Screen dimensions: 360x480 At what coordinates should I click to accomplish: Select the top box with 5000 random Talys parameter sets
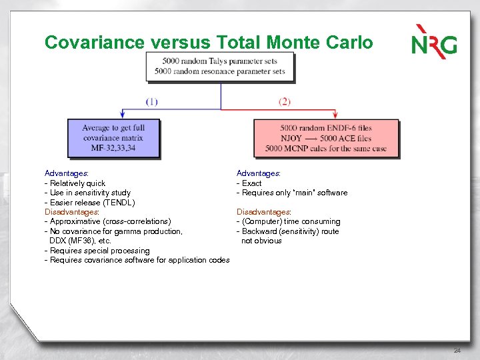click(x=220, y=67)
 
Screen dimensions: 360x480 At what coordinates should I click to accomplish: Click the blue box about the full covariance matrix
click(x=113, y=138)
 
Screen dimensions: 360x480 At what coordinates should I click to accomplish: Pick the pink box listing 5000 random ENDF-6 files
click(x=325, y=138)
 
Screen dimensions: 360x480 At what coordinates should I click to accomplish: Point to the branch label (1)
click(x=152, y=102)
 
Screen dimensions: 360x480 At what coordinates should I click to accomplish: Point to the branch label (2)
click(x=285, y=102)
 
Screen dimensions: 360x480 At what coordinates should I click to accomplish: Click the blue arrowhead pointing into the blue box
click(x=122, y=115)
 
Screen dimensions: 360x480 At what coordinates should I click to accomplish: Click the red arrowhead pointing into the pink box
click(x=333, y=115)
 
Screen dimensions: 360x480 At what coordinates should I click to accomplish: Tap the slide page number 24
click(x=457, y=351)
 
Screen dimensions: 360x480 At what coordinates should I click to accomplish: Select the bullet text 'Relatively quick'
click(x=77, y=183)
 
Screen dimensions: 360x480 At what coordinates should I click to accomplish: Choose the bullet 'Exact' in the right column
click(x=251, y=183)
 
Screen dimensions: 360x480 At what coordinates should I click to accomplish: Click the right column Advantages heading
click(x=259, y=173)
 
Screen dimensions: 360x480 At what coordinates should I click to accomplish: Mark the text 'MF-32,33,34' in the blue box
click(x=113, y=148)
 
